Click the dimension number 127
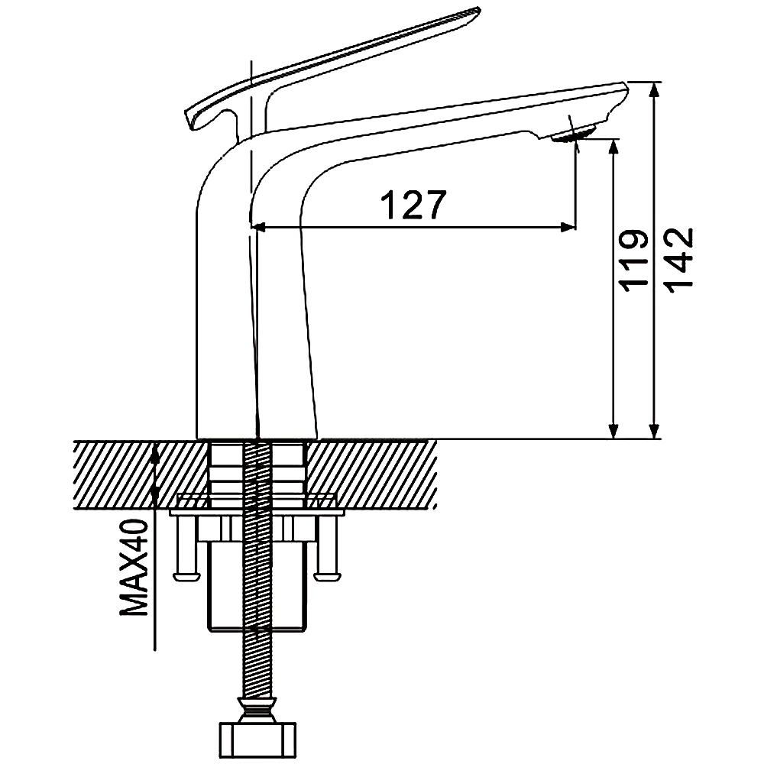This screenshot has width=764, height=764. tap(413, 205)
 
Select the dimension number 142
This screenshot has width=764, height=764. tap(678, 259)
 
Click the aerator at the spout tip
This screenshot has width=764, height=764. tap(573, 134)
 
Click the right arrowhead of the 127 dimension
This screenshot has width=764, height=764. tap(568, 227)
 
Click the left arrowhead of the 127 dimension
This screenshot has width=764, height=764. tap(258, 227)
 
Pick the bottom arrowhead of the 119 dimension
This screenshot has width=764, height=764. tap(614, 430)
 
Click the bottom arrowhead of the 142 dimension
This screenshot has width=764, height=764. tap(656, 430)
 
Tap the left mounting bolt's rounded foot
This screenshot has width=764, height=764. tap(186, 577)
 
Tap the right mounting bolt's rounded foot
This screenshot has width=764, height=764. tap(327, 577)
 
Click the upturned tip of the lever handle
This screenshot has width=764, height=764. tap(473, 11)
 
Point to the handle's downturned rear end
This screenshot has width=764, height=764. tap(192, 119)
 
